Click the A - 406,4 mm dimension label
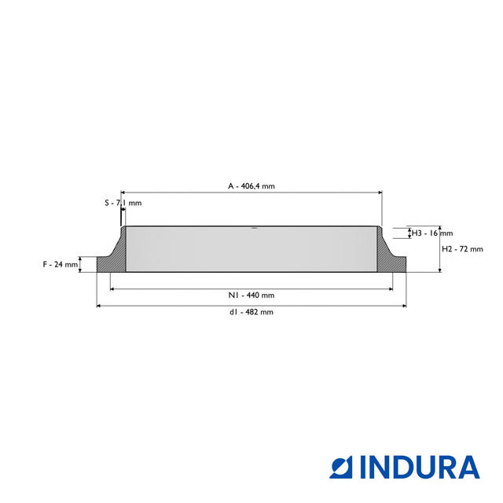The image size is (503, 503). [x=251, y=186]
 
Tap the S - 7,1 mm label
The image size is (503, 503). [x=123, y=203]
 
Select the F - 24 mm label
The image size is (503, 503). [x=61, y=264]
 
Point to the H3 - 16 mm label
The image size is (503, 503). [x=432, y=233]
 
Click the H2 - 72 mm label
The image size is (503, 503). [x=462, y=249]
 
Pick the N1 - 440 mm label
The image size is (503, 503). [x=251, y=296]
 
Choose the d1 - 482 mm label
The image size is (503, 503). [x=251, y=312]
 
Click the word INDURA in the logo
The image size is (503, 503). [x=420, y=468]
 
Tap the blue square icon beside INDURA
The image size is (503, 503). [x=341, y=468]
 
